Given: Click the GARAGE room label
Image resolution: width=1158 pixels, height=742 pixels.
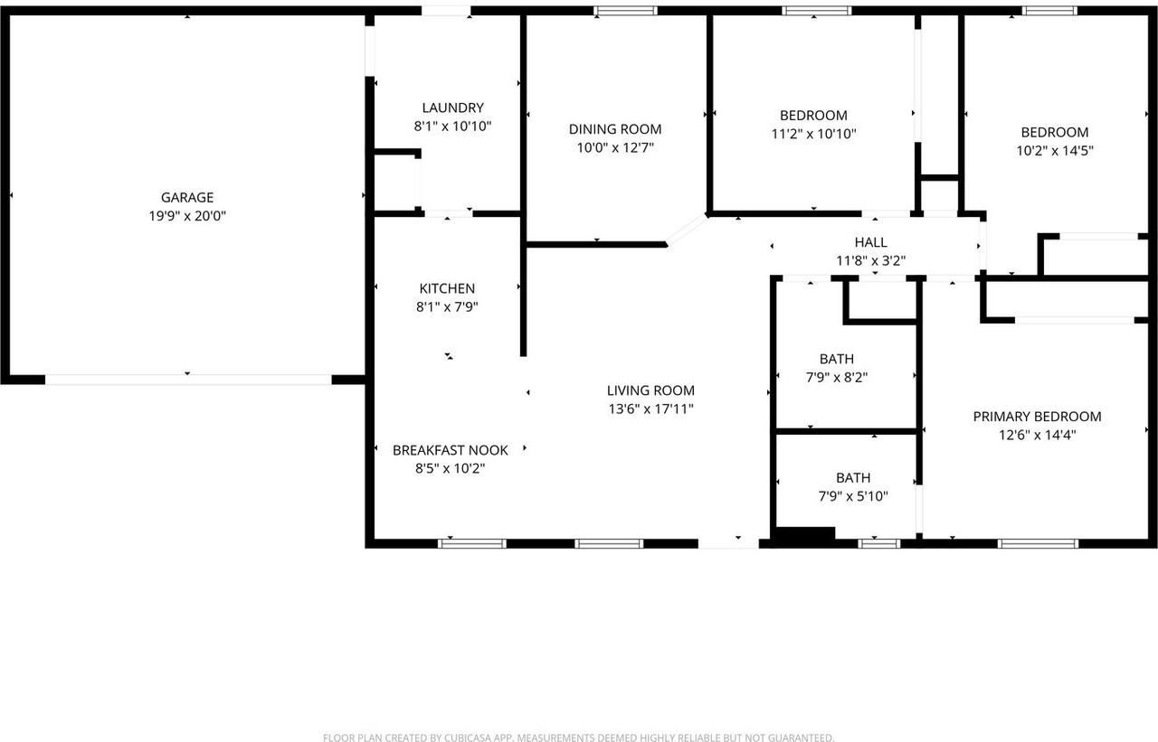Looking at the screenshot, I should pos(187,197).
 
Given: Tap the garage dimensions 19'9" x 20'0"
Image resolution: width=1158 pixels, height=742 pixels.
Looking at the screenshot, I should pos(187,216).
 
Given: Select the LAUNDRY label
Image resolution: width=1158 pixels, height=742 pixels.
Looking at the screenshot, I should pos(452,108).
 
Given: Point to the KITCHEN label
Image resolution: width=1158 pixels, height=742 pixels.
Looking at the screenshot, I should pos(447,288).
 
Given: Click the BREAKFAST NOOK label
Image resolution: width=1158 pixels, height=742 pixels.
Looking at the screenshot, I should pos(450,450).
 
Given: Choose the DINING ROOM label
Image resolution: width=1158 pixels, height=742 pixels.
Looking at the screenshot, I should pos(615,129).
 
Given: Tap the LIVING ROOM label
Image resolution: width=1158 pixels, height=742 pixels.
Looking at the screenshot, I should pos(650,390).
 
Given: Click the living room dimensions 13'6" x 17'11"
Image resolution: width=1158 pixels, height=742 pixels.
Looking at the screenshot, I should pos(650,409).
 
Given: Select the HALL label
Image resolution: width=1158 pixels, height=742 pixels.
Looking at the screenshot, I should pos(870,242).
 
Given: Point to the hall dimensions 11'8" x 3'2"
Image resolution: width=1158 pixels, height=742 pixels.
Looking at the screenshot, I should pos(870,260).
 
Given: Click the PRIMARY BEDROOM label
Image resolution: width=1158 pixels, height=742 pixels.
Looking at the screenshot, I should pos(1037,417).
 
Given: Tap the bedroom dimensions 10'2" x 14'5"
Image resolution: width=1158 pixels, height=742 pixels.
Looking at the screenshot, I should pos(1055,151).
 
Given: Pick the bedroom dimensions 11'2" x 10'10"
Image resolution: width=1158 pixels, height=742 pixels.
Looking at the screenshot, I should pos(813,134).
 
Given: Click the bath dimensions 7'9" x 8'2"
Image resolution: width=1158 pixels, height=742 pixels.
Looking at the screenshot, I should pos(837,377).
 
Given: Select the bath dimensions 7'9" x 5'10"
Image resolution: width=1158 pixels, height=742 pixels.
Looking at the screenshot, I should pos(853,496).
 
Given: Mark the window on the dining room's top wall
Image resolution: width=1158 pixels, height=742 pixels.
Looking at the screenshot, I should pos(625,11).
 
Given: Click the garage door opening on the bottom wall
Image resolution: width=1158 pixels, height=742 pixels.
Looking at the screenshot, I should pos(188,380).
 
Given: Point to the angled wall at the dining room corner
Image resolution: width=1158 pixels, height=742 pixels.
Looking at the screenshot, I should pos(687,230).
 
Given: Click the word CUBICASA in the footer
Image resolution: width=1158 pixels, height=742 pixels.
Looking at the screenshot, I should pos(474,737).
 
